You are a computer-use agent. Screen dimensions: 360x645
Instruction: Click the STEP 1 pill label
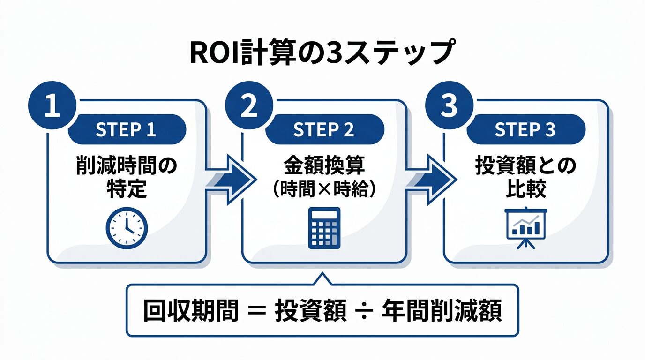[127, 130]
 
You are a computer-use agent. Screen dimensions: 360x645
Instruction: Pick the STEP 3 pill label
[525, 130]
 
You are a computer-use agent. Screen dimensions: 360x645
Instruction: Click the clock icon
[127, 228]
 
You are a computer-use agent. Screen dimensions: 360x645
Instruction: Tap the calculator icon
[324, 228]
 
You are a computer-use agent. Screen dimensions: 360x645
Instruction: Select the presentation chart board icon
[526, 227]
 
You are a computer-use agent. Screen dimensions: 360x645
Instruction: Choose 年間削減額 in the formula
[442, 310]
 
